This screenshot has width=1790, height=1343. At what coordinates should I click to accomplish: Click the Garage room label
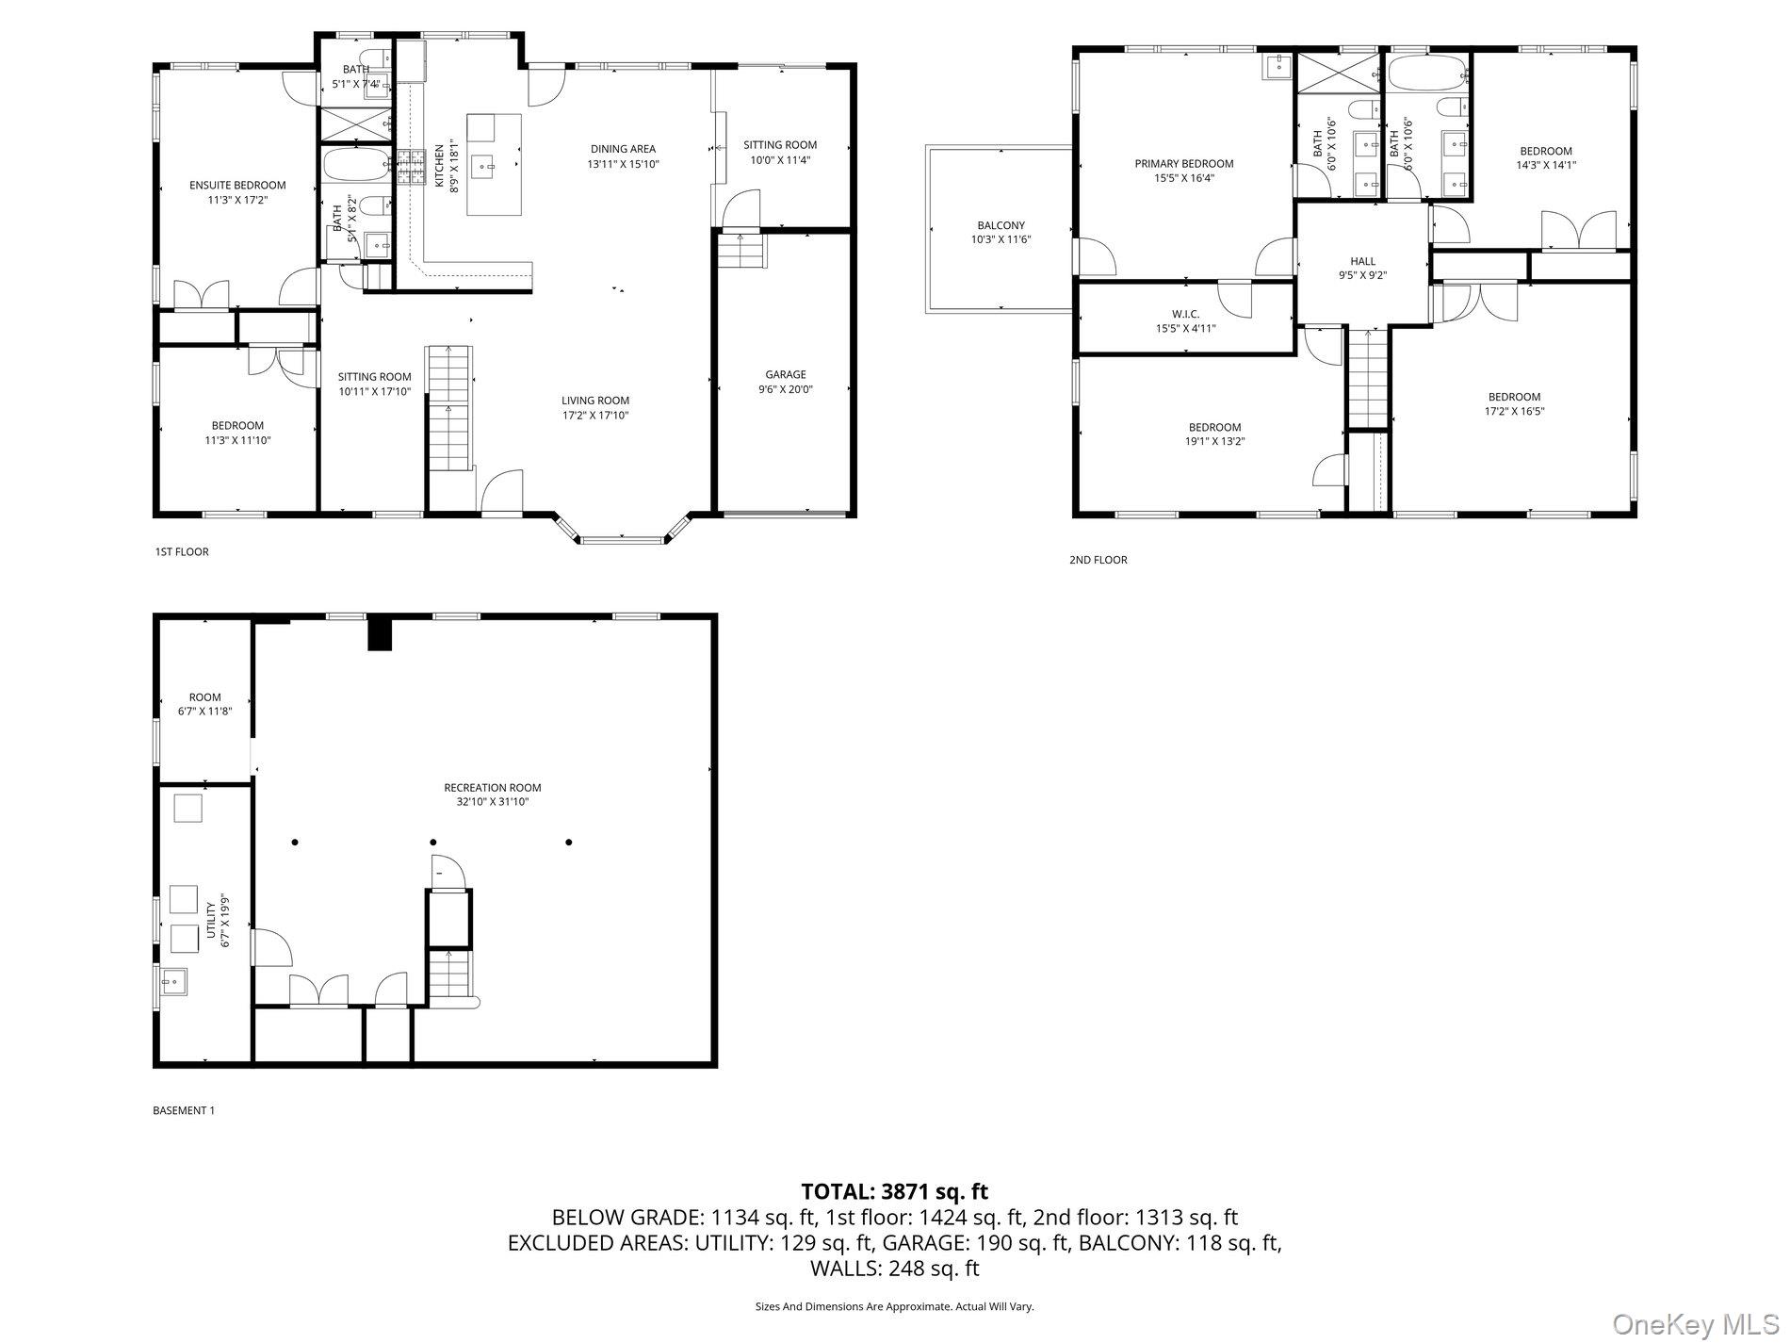pos(785,374)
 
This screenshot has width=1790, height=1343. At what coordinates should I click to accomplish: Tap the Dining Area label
pos(623,149)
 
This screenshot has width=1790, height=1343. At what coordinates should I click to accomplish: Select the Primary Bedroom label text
pos(1183,163)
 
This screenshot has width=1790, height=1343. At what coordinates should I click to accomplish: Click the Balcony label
pos(1001,225)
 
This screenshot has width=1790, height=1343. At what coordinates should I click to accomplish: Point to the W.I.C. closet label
pos(1185,314)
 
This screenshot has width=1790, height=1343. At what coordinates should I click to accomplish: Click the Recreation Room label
pos(493,788)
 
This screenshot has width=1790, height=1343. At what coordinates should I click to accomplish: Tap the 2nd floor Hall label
pos(1362,262)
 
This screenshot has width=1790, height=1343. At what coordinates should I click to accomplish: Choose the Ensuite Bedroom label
pos(237,186)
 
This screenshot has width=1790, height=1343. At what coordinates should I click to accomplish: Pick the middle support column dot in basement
pos(433,842)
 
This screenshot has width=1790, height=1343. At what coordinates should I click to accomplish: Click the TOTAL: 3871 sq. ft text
pos(894,1191)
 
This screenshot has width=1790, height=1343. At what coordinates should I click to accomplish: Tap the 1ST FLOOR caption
pos(182,552)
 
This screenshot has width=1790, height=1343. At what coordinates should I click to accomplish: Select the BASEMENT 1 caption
pos(184,1110)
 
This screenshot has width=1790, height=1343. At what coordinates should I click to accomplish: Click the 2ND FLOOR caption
pos(1098,560)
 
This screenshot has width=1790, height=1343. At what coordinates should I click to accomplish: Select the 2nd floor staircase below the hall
pos(1366,377)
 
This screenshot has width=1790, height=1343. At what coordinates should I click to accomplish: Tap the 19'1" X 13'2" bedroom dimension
pos(1214,441)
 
